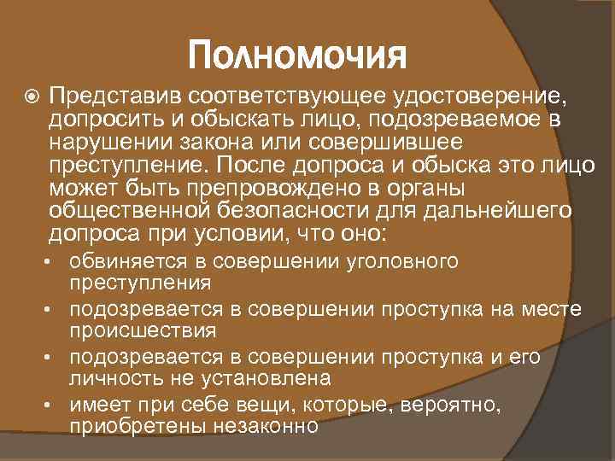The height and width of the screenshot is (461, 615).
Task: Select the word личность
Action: click(x=107, y=376)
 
